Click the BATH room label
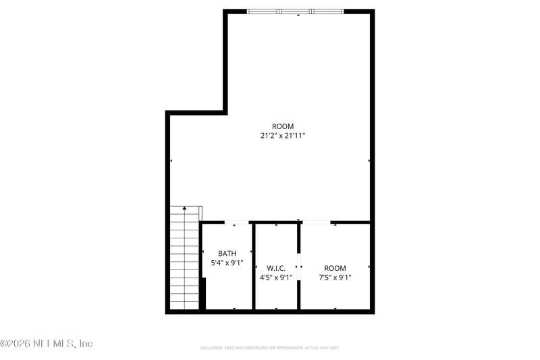tap(227, 254)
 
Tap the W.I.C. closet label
tap(276, 267)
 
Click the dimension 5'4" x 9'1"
tap(227, 263)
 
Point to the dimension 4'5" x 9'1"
tap(276, 277)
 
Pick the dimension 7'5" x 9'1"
tap(335, 277)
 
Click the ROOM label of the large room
tap(283, 126)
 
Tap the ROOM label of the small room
tap(335, 268)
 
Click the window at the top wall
tap(296, 11)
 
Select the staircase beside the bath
tap(184, 260)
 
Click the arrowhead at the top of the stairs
tap(184, 208)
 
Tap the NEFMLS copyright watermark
tap(46, 344)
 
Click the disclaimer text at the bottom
tap(269, 348)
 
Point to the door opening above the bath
tap(236, 222)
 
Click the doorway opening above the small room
tap(316, 222)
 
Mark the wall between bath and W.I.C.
tap(254, 267)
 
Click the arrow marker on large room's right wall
tap(369, 161)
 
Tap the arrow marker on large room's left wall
tap(171, 161)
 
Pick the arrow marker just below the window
tap(298, 15)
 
